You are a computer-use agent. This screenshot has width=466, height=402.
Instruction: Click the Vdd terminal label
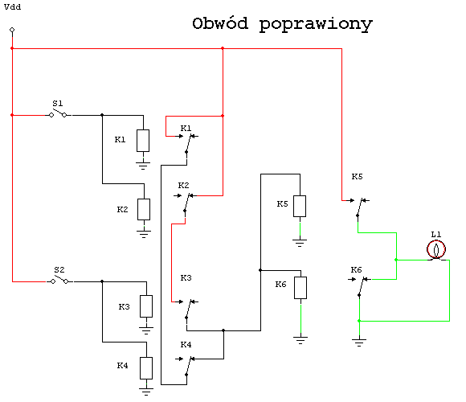13,7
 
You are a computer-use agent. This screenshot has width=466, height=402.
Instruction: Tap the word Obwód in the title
220,23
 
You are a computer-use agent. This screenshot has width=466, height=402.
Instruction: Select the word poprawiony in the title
316,25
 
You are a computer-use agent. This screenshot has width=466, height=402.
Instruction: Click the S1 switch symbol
58,114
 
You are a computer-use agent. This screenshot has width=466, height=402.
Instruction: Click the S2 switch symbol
59,281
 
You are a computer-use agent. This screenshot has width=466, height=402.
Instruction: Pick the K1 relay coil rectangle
143,141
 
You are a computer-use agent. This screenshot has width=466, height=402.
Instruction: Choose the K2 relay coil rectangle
144,209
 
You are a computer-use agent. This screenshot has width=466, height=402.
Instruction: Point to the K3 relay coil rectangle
146,306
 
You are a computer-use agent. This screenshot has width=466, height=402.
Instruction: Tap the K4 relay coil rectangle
146,368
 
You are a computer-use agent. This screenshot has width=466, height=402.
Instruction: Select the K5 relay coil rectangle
300,206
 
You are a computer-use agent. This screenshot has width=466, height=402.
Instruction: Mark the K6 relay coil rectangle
300,288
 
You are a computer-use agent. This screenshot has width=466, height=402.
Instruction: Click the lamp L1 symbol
436,249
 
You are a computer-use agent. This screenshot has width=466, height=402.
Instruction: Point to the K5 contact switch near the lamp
360,207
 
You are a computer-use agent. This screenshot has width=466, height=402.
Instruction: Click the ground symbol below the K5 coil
300,243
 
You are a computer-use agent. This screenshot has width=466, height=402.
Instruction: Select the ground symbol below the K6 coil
300,340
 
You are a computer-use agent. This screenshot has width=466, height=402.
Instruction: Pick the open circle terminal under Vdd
12,30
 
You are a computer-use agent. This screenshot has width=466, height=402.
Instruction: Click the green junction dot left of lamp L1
396,260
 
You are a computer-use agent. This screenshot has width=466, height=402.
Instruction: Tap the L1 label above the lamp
436,235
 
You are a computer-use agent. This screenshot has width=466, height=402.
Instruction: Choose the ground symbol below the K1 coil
143,166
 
